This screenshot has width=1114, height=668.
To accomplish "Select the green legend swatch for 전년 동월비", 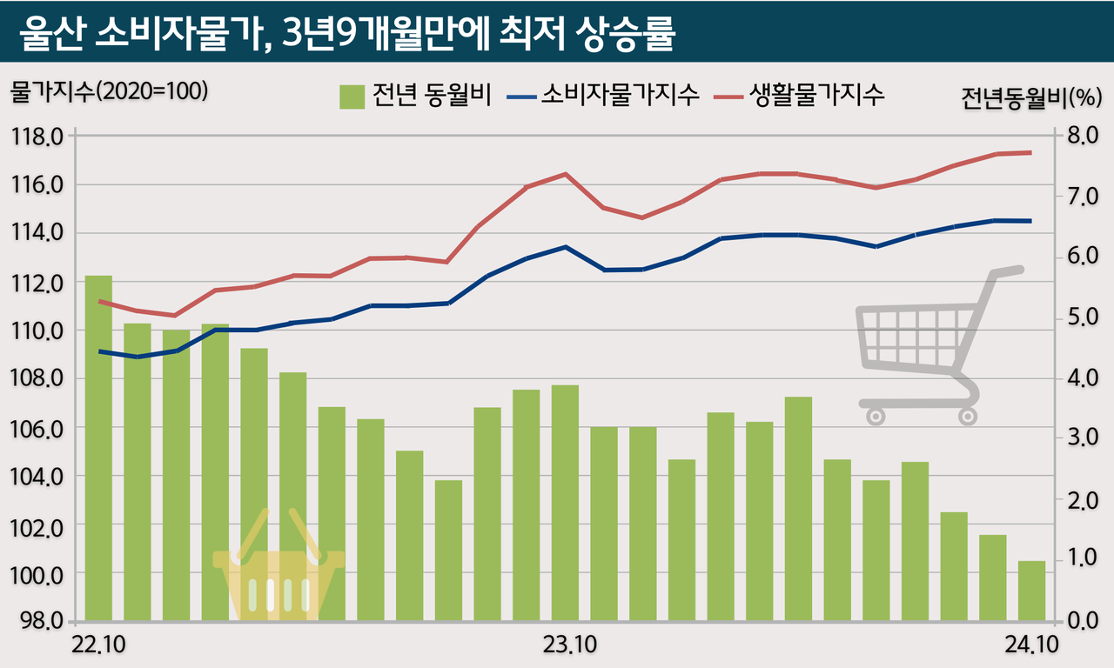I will [x=352, y=96].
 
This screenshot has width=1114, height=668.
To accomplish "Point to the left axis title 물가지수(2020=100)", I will [x=109, y=91].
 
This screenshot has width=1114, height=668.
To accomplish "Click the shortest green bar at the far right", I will [x=1031, y=591].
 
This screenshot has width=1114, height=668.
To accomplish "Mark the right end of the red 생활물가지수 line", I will [x=1030, y=153].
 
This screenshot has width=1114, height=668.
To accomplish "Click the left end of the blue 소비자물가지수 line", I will [x=100, y=351].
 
